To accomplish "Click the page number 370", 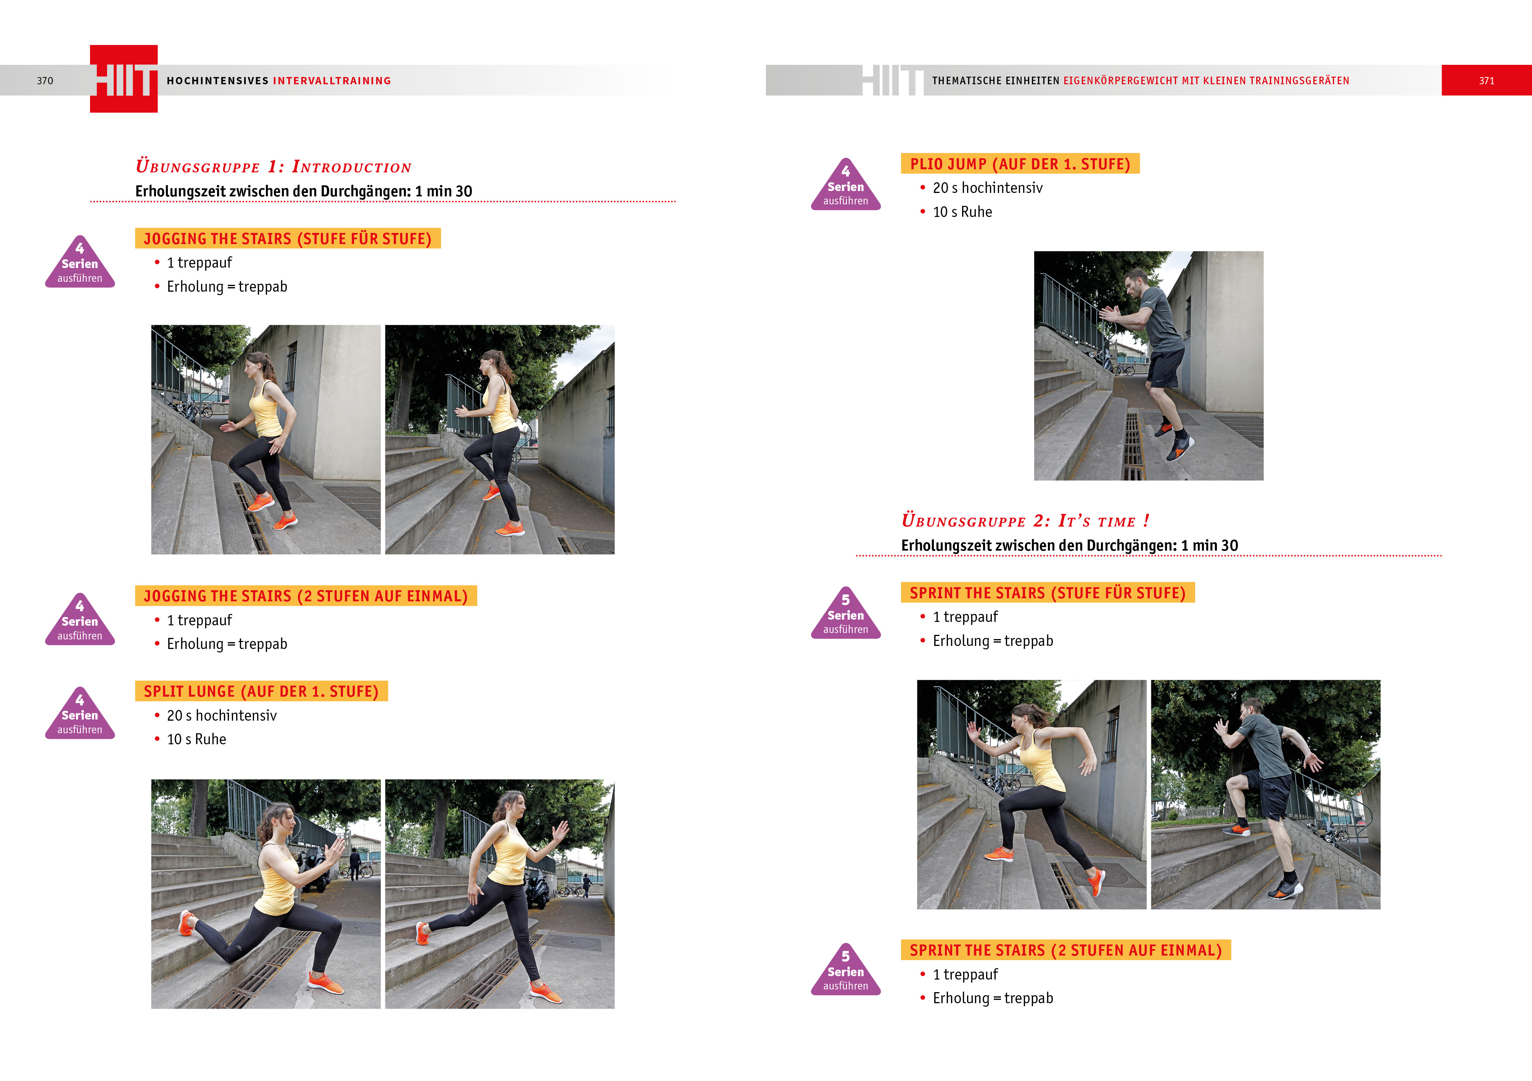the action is point(45,81).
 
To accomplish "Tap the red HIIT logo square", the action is point(124,79).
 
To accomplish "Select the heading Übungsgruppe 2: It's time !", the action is point(1025,520).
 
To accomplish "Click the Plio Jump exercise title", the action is point(1020,164).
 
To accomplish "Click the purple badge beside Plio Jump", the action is point(845,185).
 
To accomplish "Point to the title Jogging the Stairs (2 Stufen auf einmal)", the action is point(306,596).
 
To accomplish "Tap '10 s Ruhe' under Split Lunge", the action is point(196,739).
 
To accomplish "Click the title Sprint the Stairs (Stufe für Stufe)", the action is point(1048,593).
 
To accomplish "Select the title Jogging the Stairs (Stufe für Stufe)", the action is point(288,238).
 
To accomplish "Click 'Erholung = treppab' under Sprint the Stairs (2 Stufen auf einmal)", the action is point(993,998).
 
